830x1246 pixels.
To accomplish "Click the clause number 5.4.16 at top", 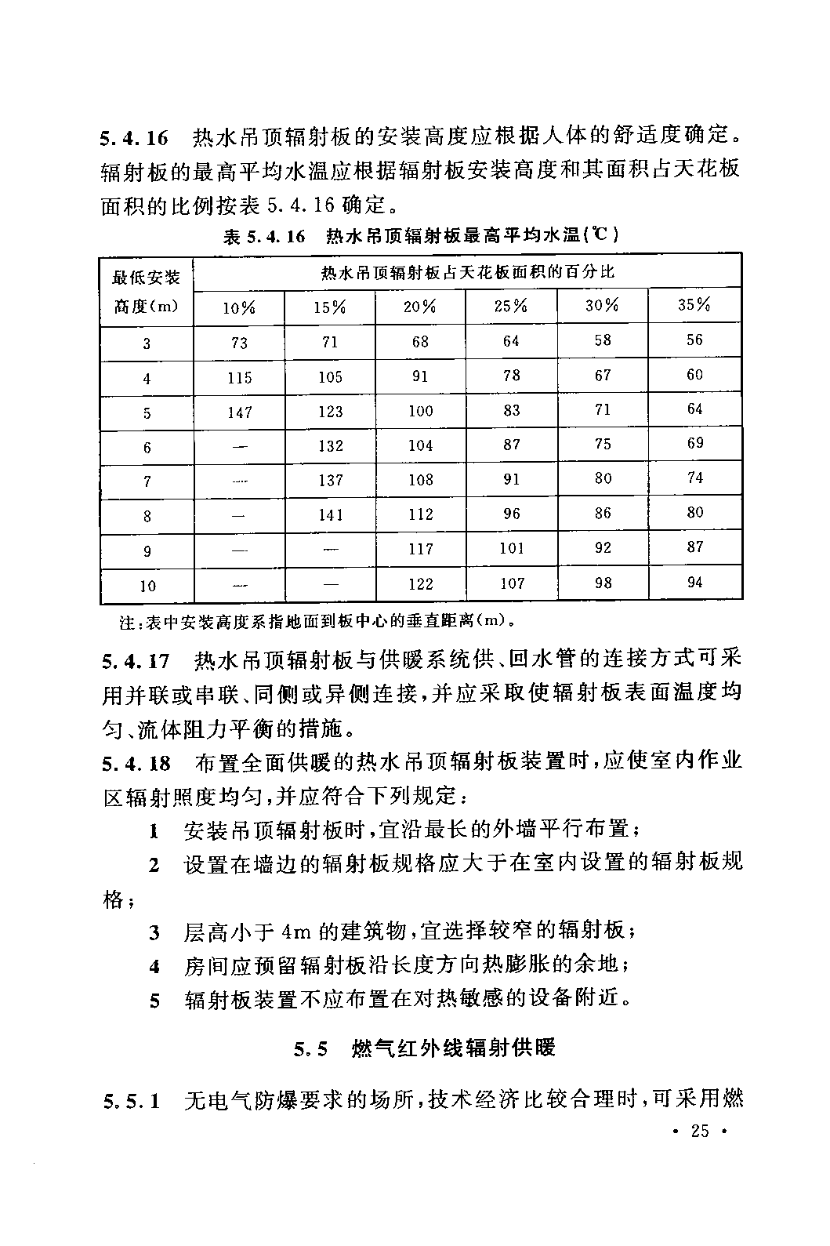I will (x=134, y=139).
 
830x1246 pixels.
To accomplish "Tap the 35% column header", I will (x=694, y=305).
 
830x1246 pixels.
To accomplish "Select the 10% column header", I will (x=239, y=307).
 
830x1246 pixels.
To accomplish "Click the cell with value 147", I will (x=239, y=412).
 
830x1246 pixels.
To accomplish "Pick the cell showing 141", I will (x=330, y=514).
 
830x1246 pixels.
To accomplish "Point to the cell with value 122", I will (x=420, y=584).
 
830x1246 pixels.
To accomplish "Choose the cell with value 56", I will (x=694, y=340).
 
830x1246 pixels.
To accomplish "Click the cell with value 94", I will (x=694, y=583).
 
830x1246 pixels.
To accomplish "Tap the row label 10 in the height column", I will (x=147, y=586).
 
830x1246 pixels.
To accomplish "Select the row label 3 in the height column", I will (x=147, y=343).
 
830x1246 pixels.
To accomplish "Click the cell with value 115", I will (x=239, y=378).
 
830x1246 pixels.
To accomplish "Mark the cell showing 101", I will (x=511, y=548).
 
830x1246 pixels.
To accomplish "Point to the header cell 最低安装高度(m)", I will (x=147, y=291).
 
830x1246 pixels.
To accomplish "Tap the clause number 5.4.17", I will (x=136, y=661).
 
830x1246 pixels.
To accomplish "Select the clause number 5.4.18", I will (x=136, y=763).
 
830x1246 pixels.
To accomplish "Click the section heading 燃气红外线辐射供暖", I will (x=455, y=1048).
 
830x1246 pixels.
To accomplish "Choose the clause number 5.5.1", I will (x=132, y=1102).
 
